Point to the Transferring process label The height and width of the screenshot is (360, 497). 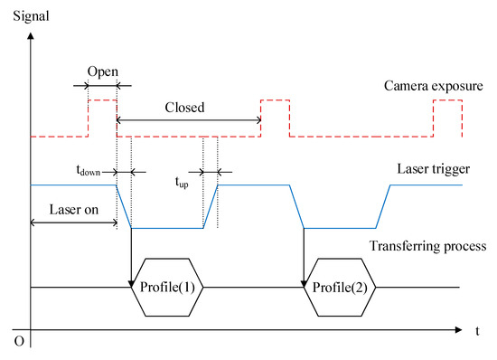(427, 246)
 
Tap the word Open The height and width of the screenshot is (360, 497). (102, 70)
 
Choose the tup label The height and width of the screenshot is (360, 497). (182, 180)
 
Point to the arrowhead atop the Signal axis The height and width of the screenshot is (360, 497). (31, 36)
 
